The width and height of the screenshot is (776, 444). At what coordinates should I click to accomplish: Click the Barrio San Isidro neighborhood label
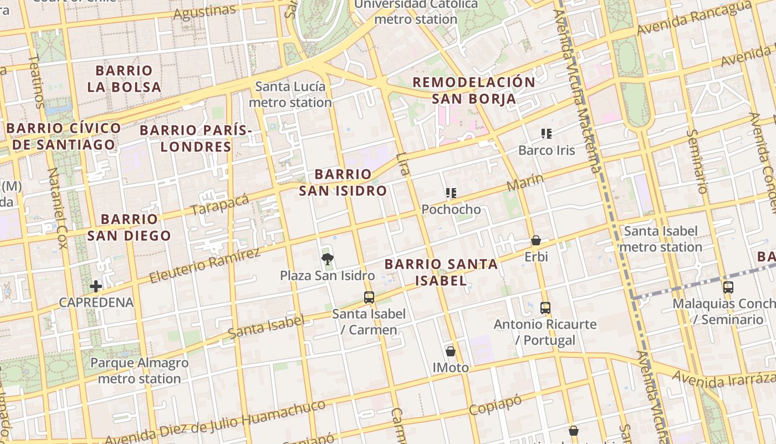point(343,183)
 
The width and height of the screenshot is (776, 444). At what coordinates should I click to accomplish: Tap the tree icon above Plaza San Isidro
point(327,258)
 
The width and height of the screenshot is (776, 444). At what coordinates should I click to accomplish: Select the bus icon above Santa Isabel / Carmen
point(369,297)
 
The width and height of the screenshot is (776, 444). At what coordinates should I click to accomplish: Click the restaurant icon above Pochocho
point(451,193)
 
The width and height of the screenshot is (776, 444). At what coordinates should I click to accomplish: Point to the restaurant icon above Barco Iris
point(547,134)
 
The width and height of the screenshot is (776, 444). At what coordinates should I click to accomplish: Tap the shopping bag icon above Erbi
point(536,240)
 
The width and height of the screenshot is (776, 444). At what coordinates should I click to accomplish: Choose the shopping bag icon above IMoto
point(451,351)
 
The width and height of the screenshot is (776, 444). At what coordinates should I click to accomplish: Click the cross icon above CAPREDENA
point(96,286)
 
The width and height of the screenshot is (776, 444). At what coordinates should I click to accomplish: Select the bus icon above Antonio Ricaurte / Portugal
point(545,307)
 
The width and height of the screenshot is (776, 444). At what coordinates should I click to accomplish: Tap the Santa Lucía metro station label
point(290,94)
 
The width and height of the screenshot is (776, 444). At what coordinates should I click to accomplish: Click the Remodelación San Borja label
point(474,90)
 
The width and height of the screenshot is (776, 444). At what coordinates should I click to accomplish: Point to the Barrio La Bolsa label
point(124,79)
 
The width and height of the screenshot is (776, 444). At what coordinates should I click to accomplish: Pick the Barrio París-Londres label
point(196,138)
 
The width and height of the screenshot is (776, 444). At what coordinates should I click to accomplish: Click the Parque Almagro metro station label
point(139,371)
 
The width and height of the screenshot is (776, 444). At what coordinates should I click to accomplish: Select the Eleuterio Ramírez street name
point(205,266)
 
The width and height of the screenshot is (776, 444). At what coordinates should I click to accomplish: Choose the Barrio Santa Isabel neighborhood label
point(441,272)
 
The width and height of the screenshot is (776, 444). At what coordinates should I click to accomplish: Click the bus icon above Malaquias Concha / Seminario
point(728,287)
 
